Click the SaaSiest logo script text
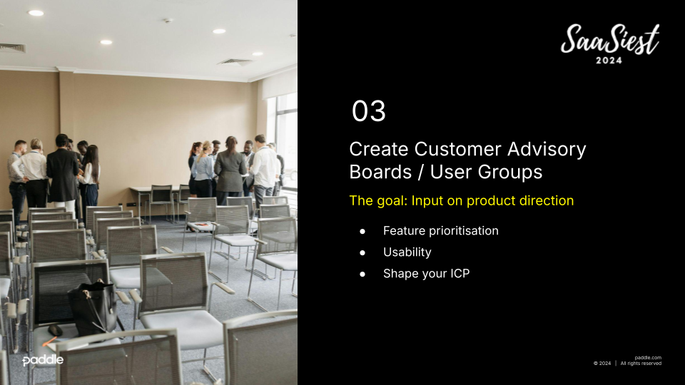coord(610,38)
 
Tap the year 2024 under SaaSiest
coord(609,61)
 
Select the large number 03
coord(369,111)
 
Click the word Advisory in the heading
coord(547,150)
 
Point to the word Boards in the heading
coord(380,172)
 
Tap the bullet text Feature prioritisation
coord(441,230)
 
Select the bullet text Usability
coord(407,252)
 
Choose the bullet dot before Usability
coord(362,252)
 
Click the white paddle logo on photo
coord(43,360)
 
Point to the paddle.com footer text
coord(648,357)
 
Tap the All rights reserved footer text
coord(641,363)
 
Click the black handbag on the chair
coord(93,307)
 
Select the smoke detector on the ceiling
coord(168,21)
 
